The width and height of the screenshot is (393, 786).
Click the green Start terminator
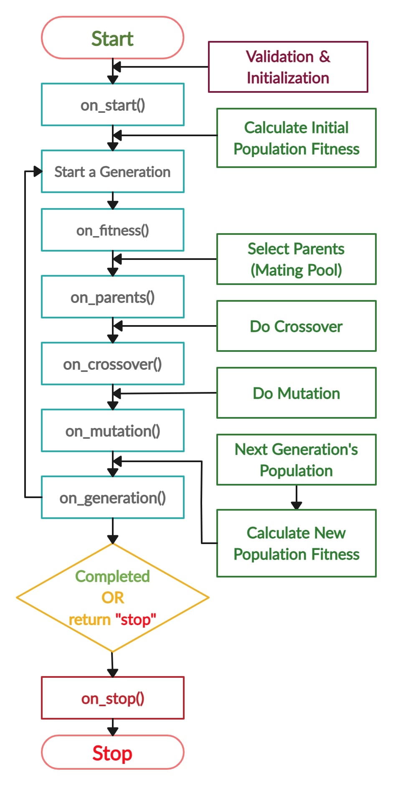pos(112,38)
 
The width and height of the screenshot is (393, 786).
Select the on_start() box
pos(112,104)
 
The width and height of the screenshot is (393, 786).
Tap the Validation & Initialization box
pos(288,67)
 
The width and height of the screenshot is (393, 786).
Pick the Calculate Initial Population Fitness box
pos(296,138)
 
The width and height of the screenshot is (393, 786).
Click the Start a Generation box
pos(112,171)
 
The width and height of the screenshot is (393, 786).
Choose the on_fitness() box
pos(112,230)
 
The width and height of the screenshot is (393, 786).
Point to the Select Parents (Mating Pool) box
pos(296,259)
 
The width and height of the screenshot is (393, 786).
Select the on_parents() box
pos(112,297)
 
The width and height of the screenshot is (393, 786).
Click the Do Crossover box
pos(296,326)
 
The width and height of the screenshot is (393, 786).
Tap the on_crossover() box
pos(112,364)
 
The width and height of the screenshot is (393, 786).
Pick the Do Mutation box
pos(296,393)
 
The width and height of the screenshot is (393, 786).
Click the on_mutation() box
pos(112,430)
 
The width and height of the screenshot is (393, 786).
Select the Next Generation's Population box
pos(296,460)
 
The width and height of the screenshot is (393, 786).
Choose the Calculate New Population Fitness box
pos(296,543)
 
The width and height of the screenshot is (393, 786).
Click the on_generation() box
pos(112,497)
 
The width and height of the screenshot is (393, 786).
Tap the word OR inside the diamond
pos(113,598)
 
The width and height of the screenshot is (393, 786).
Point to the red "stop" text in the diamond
pos(135,619)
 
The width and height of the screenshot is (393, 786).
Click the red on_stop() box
pos(112,698)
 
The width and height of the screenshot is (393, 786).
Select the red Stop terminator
pos(112,753)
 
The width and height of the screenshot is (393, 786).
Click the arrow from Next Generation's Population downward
pos(296,497)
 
